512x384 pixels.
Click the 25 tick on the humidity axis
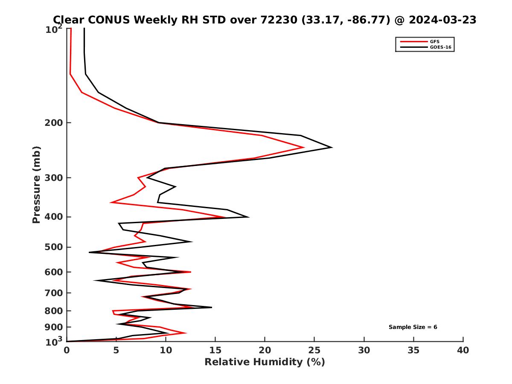314,350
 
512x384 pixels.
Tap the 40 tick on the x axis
463,350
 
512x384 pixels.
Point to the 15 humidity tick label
215,350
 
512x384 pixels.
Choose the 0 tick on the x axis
67,350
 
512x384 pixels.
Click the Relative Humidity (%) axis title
265,362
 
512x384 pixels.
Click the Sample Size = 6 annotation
413,327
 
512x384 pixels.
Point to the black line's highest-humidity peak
332,148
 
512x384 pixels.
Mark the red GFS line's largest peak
303,148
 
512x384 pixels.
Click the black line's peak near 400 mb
248,217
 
